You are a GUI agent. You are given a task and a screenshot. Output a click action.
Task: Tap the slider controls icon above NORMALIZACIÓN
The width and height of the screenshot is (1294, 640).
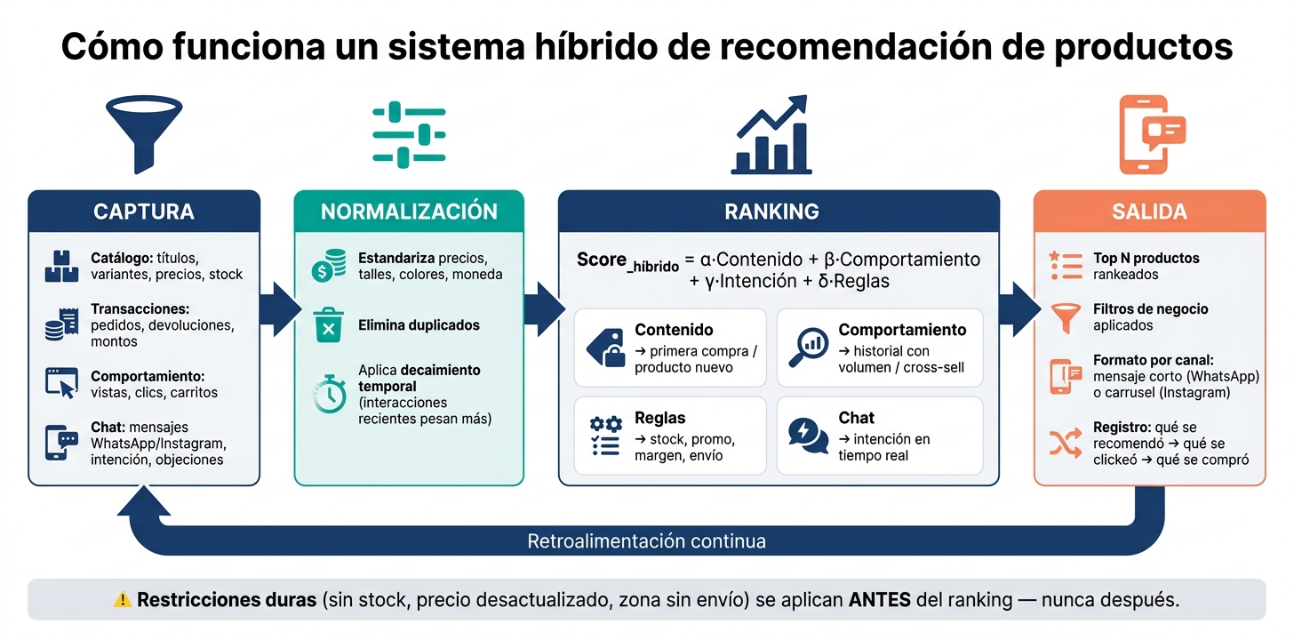click(409, 134)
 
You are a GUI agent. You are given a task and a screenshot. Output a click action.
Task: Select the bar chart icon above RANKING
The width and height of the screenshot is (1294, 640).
click(771, 134)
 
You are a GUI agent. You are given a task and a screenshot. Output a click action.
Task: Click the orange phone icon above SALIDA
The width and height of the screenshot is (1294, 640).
click(1151, 134)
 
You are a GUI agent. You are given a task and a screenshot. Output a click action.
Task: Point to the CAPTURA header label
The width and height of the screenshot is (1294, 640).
click(144, 212)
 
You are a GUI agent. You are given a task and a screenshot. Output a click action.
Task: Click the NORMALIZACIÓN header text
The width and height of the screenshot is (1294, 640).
click(409, 212)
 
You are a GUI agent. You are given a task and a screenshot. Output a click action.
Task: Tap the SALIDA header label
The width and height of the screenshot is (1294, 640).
click(1150, 212)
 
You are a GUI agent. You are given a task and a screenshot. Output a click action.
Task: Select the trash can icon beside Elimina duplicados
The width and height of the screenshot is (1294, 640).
click(328, 325)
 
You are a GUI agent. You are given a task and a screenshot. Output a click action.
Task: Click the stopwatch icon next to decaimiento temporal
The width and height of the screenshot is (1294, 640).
click(329, 394)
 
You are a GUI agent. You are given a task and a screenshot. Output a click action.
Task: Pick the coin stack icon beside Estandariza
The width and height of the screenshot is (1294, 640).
click(329, 265)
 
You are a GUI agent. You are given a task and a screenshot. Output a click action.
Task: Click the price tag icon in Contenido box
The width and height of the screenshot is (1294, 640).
click(605, 348)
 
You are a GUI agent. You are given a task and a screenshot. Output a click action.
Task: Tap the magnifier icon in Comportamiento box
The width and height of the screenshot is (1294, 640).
click(808, 348)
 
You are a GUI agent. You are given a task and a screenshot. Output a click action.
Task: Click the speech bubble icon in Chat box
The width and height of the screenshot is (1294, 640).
click(808, 436)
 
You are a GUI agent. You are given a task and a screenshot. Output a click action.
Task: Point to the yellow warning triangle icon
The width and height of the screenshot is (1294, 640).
click(123, 600)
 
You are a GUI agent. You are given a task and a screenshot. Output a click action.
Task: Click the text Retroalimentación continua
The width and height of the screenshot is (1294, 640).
click(646, 541)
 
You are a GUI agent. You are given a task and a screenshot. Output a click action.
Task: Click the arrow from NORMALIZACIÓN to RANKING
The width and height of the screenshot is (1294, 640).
click(544, 309)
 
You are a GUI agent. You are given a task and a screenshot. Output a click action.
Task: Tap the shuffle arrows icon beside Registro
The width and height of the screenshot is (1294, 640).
click(1066, 443)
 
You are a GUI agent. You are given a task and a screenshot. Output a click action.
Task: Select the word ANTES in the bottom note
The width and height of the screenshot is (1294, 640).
click(879, 600)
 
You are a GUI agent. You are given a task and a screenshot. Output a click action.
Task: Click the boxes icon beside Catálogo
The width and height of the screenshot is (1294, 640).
click(61, 266)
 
